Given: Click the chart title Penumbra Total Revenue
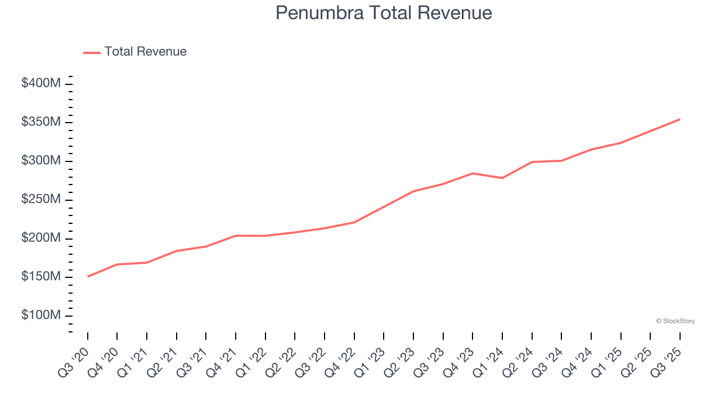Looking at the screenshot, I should click(x=384, y=13).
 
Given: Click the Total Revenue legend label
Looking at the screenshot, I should click(x=145, y=52).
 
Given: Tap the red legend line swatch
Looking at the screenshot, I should click(x=92, y=52).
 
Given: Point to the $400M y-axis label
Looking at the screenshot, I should click(x=40, y=83).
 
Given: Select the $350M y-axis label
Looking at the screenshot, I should click(x=40, y=122).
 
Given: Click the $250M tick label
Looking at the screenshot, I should click(x=40, y=200).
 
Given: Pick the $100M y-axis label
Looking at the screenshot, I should click(x=40, y=316).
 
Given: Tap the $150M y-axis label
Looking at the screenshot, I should click(x=40, y=277).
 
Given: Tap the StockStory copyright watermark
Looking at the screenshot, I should click(x=675, y=321).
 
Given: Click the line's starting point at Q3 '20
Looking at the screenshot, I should click(x=88, y=276).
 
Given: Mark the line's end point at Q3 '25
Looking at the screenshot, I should click(x=679, y=119).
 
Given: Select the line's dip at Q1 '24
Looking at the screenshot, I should click(x=502, y=178).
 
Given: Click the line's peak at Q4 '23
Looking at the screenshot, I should click(x=472, y=173).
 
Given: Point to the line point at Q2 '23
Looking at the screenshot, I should click(x=413, y=191).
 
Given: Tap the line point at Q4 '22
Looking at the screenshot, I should click(x=354, y=222).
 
